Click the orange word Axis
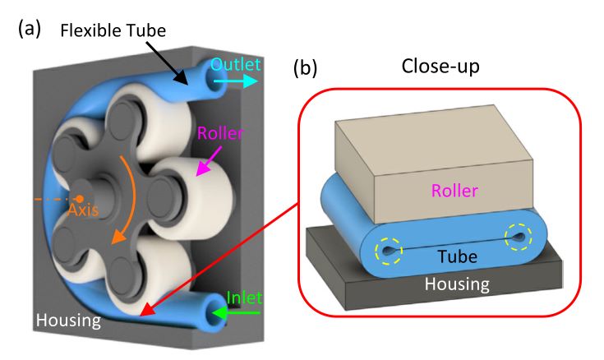pyautogui.click(x=85, y=210)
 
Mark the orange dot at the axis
pyautogui.click(x=79, y=198)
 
